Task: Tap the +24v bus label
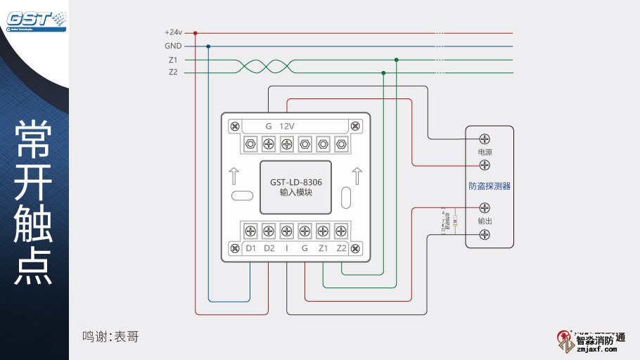(x=173, y=32)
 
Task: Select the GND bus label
(x=173, y=46)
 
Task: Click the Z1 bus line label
(x=173, y=60)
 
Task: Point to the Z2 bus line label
(x=173, y=72)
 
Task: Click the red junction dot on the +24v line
(x=195, y=32)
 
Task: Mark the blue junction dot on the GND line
(x=208, y=46)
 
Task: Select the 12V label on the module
(x=287, y=126)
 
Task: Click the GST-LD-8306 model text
(x=295, y=181)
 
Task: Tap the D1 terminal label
(x=250, y=248)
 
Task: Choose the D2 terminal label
(x=269, y=248)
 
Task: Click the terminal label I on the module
(x=286, y=248)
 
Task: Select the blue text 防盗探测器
(x=489, y=186)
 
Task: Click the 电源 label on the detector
(x=485, y=152)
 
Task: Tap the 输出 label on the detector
(x=485, y=221)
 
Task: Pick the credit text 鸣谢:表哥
(x=110, y=336)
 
